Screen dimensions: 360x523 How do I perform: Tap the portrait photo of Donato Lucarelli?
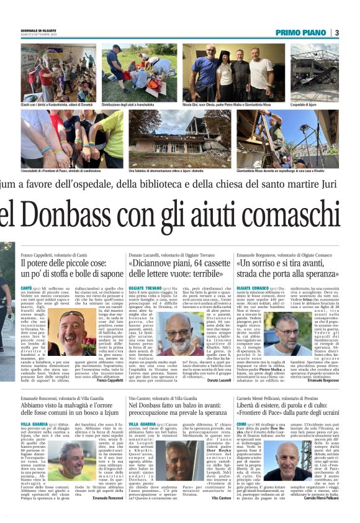tap(181, 335)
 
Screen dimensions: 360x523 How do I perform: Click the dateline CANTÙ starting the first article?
tap(27, 289)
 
